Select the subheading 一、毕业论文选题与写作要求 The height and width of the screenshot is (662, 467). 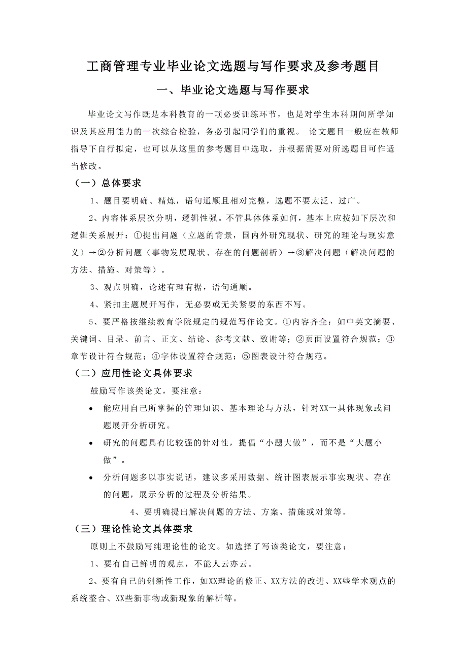point(233,91)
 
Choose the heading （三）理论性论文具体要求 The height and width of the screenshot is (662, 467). point(133,529)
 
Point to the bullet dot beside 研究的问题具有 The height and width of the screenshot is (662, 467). point(90,443)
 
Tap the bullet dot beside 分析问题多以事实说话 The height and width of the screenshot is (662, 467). point(90,478)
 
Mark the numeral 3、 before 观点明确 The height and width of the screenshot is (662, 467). point(94,287)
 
